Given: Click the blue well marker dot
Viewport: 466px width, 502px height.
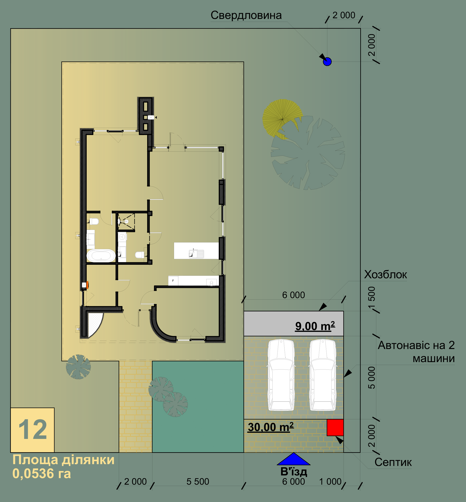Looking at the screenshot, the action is (x=327, y=62).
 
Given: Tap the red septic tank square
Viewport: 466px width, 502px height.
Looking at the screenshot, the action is (x=335, y=428).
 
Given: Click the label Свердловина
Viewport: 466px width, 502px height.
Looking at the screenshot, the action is (x=246, y=15).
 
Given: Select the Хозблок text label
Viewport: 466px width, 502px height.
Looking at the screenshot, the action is (x=385, y=275).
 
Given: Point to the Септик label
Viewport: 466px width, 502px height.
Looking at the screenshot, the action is (x=393, y=462).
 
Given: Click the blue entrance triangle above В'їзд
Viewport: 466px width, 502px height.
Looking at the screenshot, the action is (x=294, y=459).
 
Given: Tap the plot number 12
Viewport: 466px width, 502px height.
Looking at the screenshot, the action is (x=33, y=430).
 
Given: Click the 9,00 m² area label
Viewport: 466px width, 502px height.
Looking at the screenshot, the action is (x=315, y=326).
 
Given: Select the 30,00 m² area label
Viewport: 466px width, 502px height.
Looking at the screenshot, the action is (x=271, y=427).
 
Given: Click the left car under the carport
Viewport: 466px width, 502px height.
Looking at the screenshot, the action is (x=281, y=375).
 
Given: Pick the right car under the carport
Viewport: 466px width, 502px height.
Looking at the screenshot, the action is (x=323, y=375).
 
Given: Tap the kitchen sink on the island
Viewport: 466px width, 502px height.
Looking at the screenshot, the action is (x=196, y=254).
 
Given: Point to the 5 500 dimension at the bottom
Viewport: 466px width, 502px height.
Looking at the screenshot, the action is (x=198, y=481).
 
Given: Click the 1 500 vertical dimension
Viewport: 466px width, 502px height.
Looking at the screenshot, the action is (x=372, y=297).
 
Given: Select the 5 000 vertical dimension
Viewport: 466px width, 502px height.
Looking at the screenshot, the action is (x=372, y=378).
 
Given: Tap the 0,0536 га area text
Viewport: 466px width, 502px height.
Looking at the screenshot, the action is (x=42, y=473).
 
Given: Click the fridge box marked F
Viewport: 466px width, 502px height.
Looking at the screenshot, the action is (x=173, y=281).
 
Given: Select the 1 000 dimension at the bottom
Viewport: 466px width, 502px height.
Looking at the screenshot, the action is (x=330, y=481).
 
